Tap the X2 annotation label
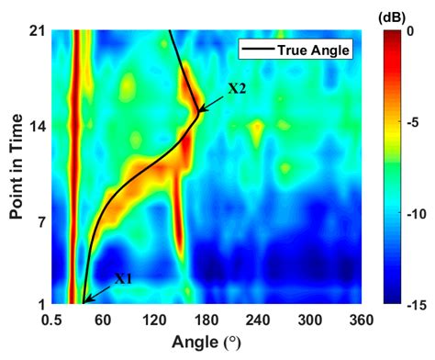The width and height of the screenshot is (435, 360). click(237, 89)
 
